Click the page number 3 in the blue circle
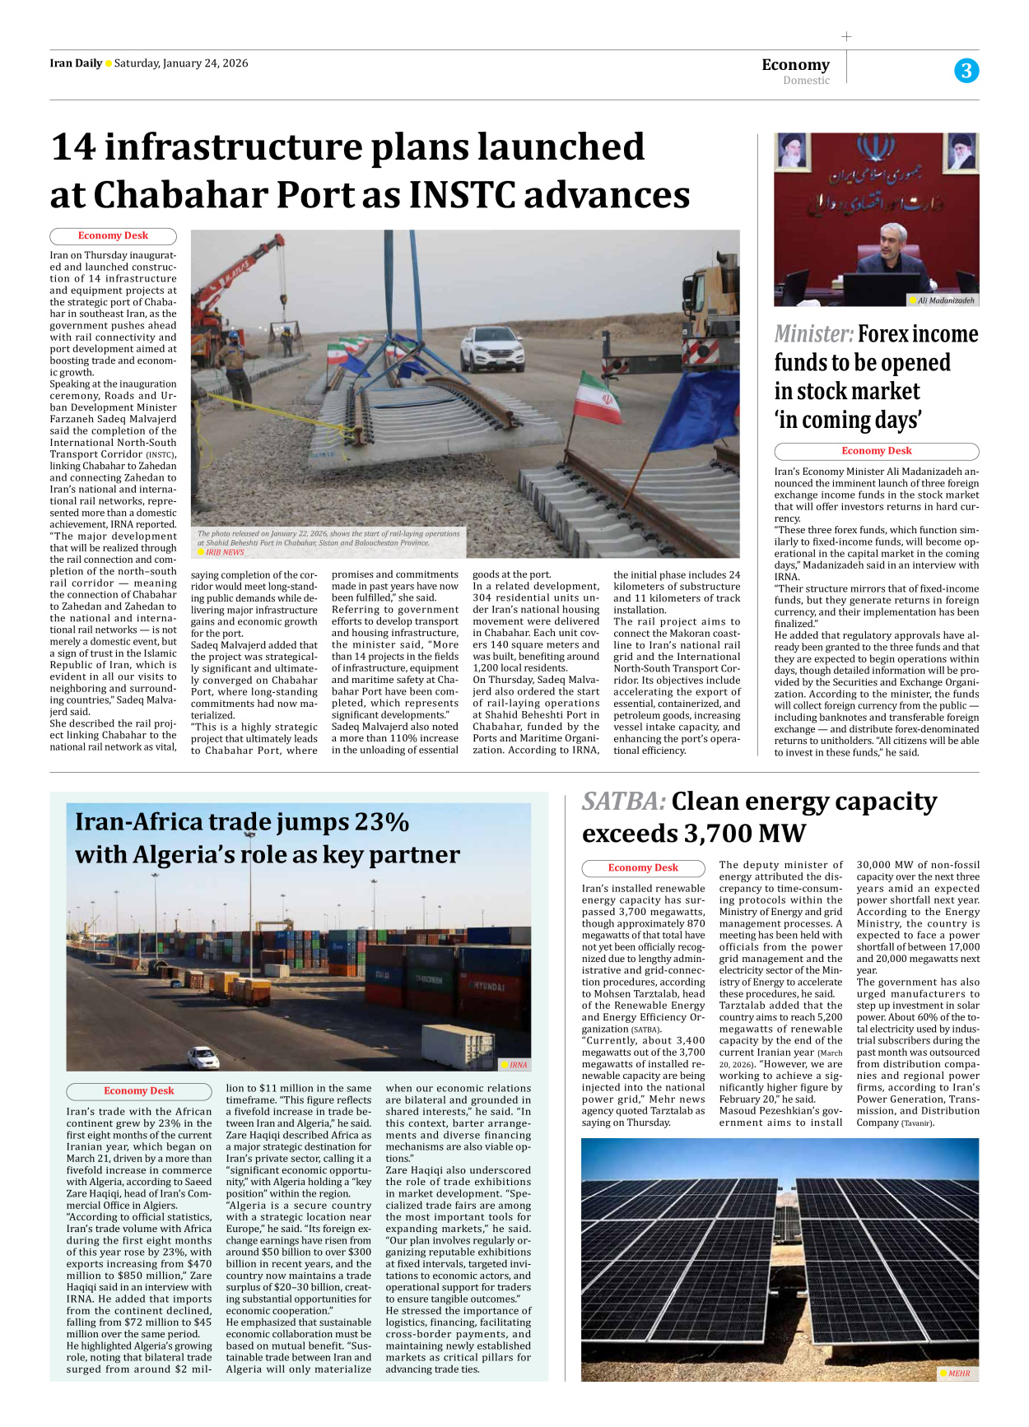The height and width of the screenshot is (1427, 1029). (966, 71)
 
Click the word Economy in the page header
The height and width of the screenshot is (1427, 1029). (795, 65)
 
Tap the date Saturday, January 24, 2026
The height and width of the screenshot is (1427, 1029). (181, 63)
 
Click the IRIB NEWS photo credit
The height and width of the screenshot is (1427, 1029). (225, 552)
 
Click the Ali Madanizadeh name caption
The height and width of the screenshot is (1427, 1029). (945, 300)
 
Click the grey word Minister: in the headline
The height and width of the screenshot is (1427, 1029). (813, 334)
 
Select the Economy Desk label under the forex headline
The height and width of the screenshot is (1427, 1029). (876, 451)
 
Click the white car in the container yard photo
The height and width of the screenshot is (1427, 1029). (203, 1057)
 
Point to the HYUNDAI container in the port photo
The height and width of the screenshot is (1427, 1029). (488, 986)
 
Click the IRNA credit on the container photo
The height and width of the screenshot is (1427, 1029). (517, 1065)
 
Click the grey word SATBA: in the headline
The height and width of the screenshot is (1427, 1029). (623, 802)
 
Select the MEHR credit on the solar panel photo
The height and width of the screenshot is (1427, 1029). (958, 1374)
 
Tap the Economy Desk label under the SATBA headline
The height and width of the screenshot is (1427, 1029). (643, 868)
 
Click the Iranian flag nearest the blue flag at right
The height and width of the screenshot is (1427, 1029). (599, 399)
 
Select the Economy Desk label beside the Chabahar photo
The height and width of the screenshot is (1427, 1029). (113, 236)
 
